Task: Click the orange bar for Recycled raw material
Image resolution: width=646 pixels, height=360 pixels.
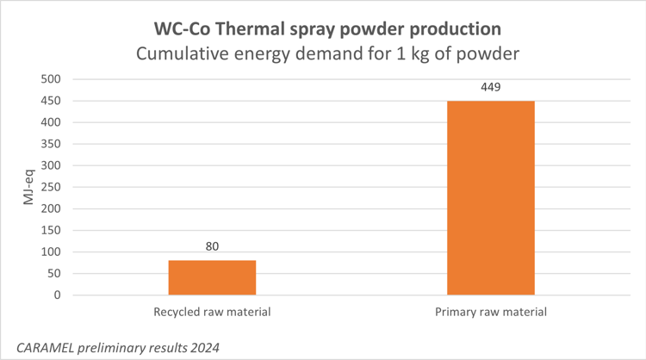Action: (x=212, y=277)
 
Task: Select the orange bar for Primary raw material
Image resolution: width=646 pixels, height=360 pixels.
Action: (x=490, y=198)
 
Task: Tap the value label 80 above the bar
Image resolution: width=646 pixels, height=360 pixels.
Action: (x=212, y=247)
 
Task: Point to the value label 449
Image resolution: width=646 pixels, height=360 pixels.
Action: (x=490, y=87)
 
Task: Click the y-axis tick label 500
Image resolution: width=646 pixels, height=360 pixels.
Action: (x=51, y=79)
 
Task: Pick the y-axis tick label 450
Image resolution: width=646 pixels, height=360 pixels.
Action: (x=51, y=101)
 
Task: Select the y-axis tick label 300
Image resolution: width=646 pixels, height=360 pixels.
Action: (x=51, y=165)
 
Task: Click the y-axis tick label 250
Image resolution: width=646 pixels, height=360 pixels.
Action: (x=51, y=187)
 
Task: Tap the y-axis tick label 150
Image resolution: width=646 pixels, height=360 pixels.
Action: (x=51, y=230)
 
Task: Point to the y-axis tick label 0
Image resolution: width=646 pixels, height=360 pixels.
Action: (x=57, y=295)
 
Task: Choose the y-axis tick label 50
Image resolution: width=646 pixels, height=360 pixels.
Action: (x=53, y=273)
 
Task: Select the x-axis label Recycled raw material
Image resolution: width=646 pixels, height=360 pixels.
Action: (x=212, y=312)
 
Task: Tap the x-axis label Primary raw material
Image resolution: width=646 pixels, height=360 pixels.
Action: (x=490, y=312)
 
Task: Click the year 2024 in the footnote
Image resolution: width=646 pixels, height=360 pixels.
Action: (x=204, y=346)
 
